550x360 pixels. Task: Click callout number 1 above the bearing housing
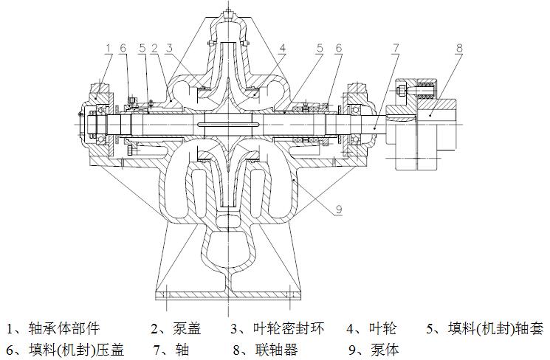(109, 49)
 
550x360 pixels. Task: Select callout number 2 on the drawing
(154, 49)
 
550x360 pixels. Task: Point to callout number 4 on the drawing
(283, 49)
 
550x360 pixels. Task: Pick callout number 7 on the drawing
(396, 49)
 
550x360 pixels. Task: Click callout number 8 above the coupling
(458, 49)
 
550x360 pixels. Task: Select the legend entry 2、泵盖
(176, 328)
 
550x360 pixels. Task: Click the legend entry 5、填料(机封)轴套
(483, 328)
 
